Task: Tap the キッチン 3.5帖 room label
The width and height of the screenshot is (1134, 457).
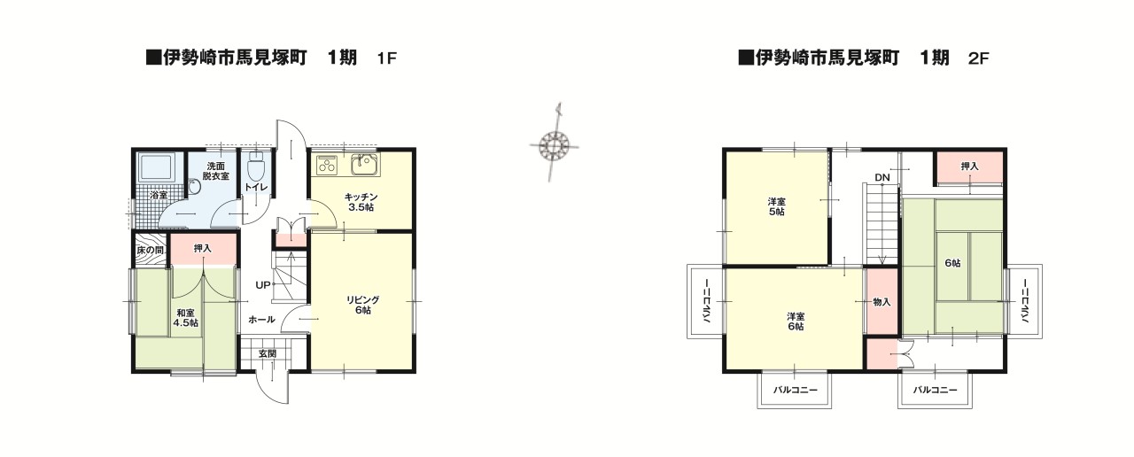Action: tap(361, 202)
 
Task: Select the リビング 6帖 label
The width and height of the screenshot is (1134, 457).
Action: tap(363, 305)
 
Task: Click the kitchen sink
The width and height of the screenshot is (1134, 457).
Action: tap(363, 164)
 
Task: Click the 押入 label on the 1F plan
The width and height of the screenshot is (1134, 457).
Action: tap(203, 248)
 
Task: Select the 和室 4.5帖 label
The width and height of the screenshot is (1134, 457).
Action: tap(186, 318)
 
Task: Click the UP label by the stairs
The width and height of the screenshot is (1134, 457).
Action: tap(263, 285)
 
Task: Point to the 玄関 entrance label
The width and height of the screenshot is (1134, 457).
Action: tap(267, 353)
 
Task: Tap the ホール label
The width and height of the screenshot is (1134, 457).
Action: tap(261, 319)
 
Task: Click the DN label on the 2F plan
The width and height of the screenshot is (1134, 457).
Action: tap(882, 178)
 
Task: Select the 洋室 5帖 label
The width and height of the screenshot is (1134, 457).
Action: tap(776, 206)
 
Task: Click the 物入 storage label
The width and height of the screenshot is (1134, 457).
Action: tap(882, 302)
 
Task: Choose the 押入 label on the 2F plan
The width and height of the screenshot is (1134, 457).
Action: tap(970, 166)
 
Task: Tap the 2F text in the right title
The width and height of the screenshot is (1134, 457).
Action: tap(978, 59)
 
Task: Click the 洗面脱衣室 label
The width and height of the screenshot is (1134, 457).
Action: tap(215, 172)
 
